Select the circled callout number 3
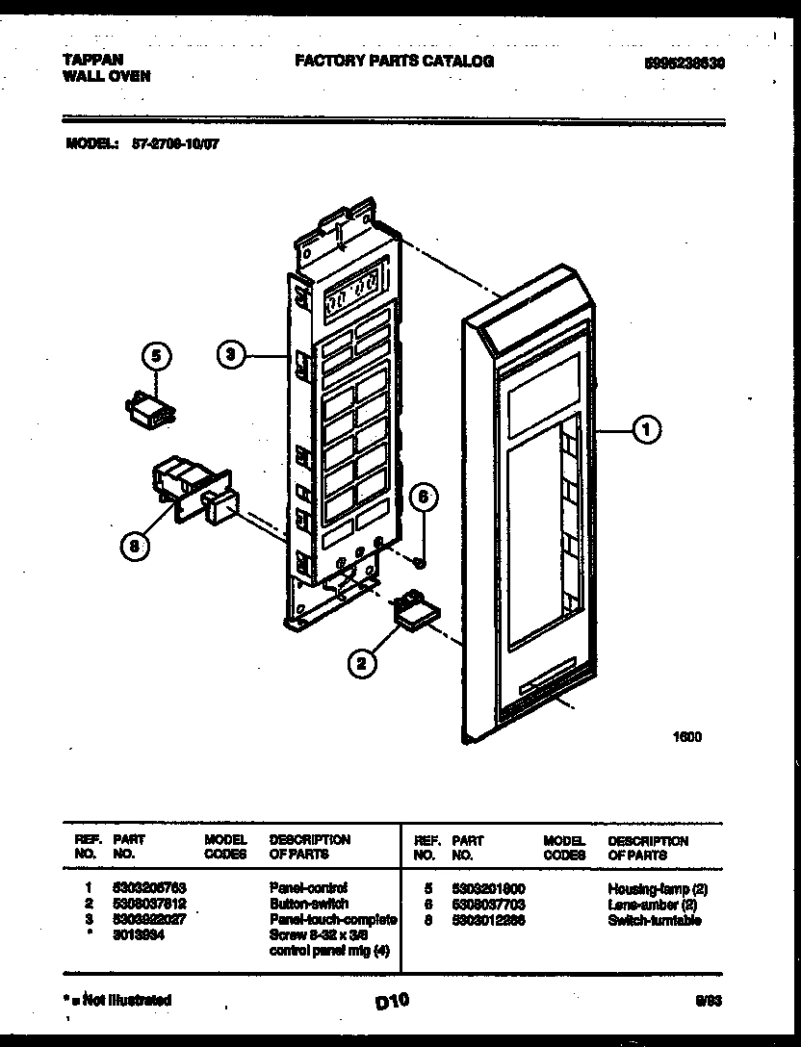pyautogui.click(x=228, y=356)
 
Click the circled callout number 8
pyautogui.click(x=137, y=546)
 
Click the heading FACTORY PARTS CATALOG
pyautogui.click(x=394, y=62)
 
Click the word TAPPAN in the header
pyautogui.click(x=92, y=60)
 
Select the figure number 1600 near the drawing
pyautogui.click(x=686, y=738)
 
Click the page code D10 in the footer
pyautogui.click(x=392, y=1001)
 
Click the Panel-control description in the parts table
pyautogui.click(x=308, y=887)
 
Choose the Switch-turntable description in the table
pyautogui.click(x=655, y=920)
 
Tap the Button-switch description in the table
pyautogui.click(x=308, y=904)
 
